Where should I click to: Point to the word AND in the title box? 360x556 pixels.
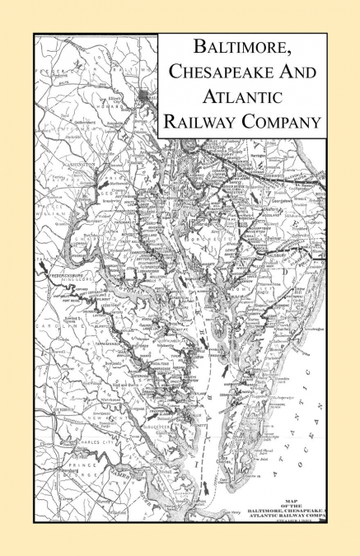290,72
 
